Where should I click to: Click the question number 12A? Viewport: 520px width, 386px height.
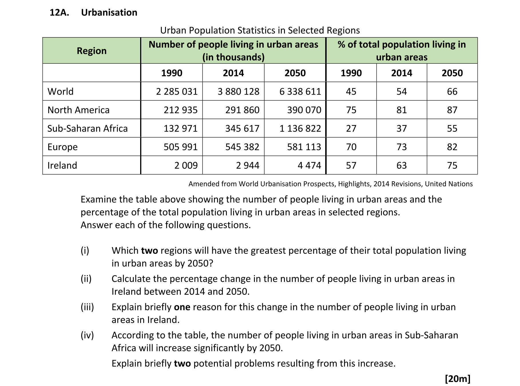(59, 13)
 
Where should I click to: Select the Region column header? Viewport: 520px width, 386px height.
(92, 51)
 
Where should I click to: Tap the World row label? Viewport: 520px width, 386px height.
(60, 91)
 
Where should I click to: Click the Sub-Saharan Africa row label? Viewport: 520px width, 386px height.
(88, 128)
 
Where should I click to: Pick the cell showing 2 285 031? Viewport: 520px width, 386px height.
(177, 91)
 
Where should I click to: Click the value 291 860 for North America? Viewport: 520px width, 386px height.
(242, 110)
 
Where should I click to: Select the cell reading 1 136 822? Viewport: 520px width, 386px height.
(300, 128)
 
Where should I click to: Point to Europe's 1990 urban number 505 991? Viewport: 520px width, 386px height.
(180, 147)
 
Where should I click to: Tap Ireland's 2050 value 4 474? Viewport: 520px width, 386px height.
(309, 166)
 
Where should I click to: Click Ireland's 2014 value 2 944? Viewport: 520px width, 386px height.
(248, 166)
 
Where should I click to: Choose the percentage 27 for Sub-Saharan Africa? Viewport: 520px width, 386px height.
(351, 128)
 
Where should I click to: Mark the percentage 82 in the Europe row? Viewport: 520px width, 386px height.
(452, 147)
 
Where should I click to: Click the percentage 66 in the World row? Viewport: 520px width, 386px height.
(452, 91)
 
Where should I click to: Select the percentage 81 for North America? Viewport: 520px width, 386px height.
(402, 110)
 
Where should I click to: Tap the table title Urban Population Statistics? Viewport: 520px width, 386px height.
(260, 30)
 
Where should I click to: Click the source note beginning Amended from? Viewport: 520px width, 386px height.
(330, 184)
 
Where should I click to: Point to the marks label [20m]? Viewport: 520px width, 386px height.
(457, 379)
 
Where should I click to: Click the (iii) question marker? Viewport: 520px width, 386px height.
(87, 307)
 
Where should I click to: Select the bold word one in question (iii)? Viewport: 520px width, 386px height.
(182, 307)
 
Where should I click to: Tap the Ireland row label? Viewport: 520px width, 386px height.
(62, 166)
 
